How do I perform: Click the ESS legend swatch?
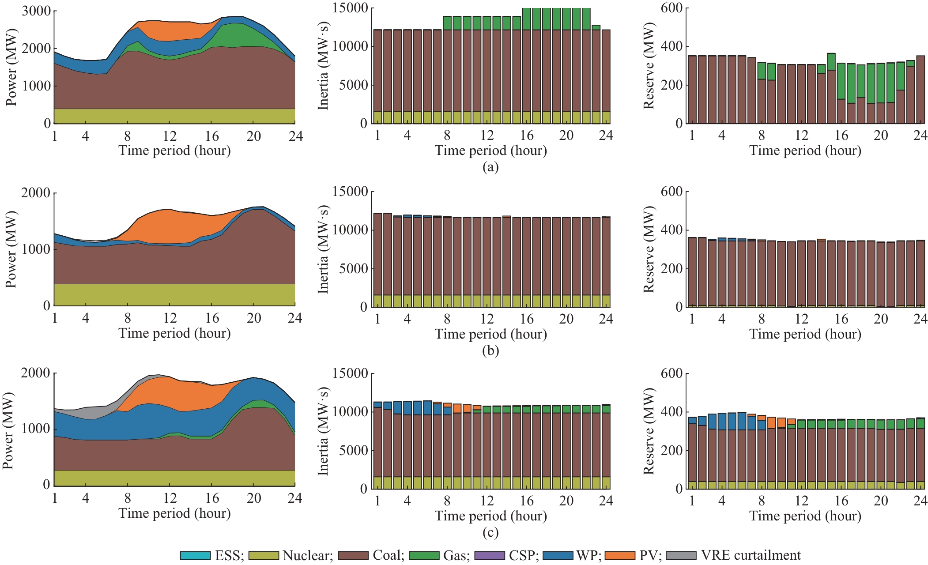tap(195, 555)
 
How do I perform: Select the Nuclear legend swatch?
tap(264, 555)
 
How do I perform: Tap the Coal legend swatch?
tap(353, 555)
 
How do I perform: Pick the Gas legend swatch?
tap(424, 555)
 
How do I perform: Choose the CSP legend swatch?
tap(489, 555)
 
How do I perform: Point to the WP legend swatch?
tap(558, 555)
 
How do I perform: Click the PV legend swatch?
tap(620, 555)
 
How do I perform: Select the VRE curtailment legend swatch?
tap(681, 555)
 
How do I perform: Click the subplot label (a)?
tap(490, 167)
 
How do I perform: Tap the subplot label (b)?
tap(490, 350)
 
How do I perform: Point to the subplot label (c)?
tap(490, 532)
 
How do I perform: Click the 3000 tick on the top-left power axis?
tap(36, 11)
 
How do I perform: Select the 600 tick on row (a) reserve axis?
tap(671, 8)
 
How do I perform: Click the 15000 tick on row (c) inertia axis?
tap(351, 373)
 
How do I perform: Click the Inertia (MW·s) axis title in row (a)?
tap(323, 66)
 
